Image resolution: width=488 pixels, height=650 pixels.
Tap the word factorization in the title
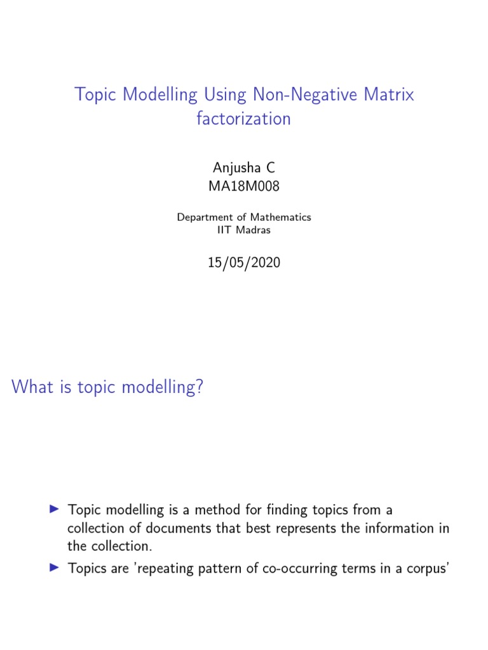[244, 119]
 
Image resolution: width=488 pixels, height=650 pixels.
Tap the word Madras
[254, 230]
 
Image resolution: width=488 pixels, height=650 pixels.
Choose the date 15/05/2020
[244, 263]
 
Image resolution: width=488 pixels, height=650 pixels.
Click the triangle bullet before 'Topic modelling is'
[54, 509]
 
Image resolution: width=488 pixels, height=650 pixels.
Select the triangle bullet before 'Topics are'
[54, 569]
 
